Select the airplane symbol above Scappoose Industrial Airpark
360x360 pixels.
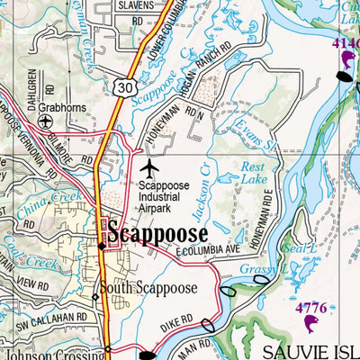click(149, 168)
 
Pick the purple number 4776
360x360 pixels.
click(312, 309)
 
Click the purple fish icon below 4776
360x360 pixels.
click(312, 325)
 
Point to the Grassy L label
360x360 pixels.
click(265, 268)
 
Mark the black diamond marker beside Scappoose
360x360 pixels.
click(101, 246)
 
